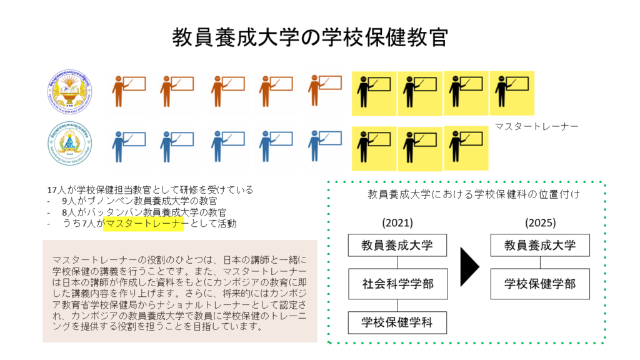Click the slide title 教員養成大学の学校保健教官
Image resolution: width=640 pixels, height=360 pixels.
click(310, 37)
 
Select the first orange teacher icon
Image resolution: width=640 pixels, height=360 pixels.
click(128, 91)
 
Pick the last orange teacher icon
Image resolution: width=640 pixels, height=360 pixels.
click(324, 91)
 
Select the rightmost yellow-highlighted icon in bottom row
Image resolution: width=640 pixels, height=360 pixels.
click(466, 148)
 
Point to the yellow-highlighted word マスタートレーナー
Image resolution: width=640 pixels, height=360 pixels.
click(143, 224)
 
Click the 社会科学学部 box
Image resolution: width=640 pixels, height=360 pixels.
click(397, 284)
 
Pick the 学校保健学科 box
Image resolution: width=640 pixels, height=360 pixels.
click(397, 322)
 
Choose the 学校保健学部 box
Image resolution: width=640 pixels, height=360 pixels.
click(540, 284)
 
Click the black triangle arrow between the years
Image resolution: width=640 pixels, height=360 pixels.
click(469, 265)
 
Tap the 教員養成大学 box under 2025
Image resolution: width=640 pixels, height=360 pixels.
click(540, 245)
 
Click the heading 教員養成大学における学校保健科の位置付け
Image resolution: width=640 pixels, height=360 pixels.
click(475, 194)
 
